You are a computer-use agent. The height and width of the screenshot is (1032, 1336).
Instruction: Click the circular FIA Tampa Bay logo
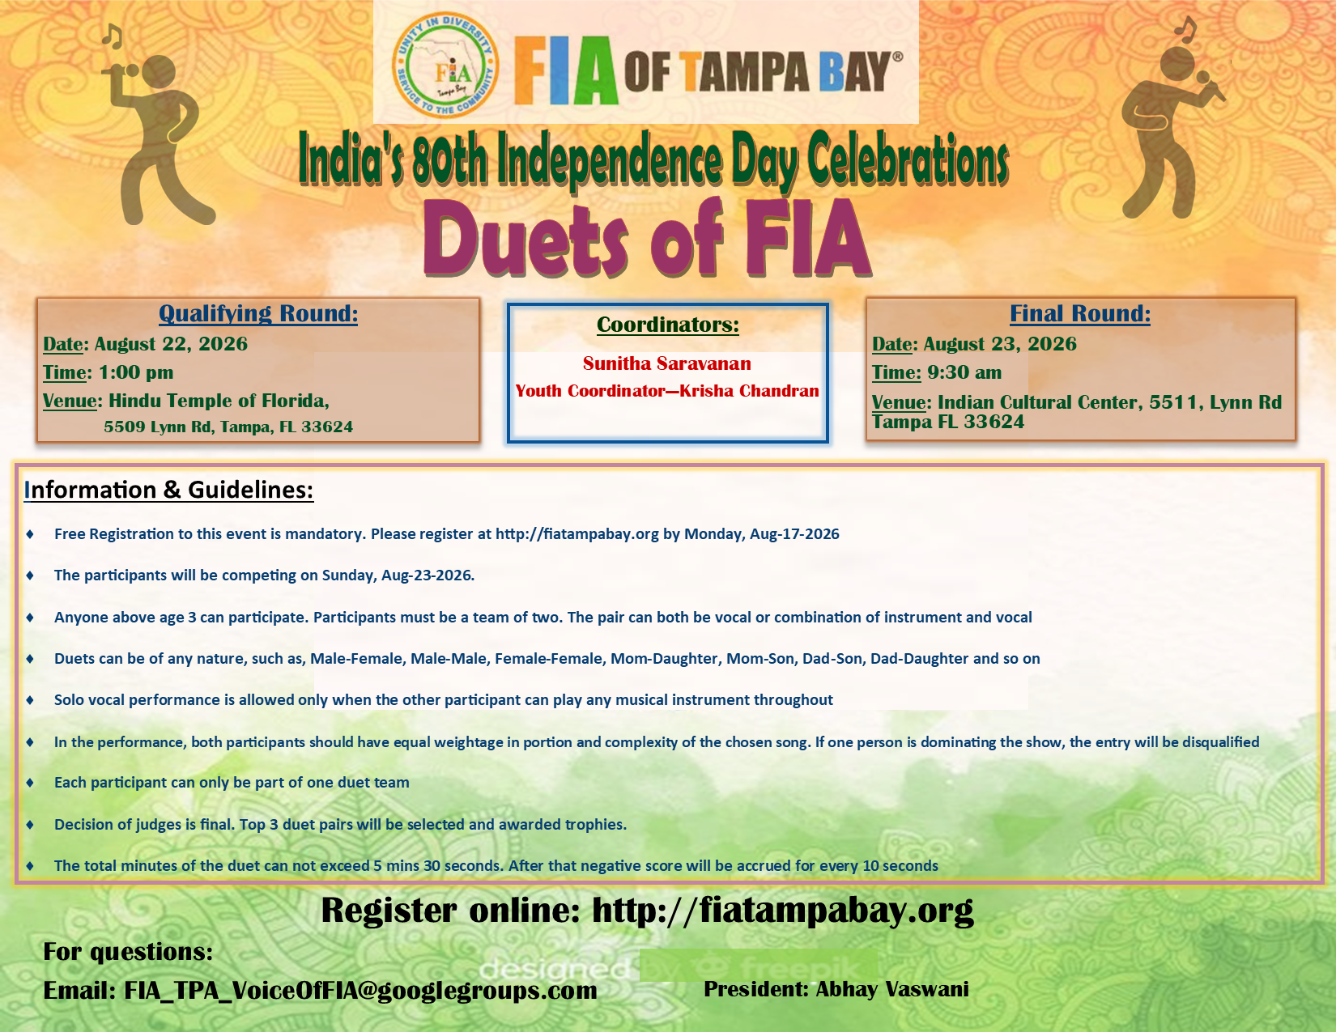click(x=445, y=65)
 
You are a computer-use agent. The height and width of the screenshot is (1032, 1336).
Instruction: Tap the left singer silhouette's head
click(x=158, y=73)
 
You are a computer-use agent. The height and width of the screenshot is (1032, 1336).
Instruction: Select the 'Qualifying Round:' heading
click(x=258, y=313)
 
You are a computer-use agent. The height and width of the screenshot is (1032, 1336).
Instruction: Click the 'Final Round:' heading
click(x=1079, y=313)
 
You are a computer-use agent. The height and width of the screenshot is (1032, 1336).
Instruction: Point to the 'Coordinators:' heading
click(x=668, y=325)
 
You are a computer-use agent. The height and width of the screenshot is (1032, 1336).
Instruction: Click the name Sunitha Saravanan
click(x=667, y=363)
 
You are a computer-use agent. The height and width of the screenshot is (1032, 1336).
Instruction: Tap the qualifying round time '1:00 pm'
click(x=136, y=372)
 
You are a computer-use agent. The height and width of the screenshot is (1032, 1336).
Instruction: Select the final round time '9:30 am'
click(x=964, y=372)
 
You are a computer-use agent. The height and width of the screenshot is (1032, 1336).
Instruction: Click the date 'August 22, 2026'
click(x=171, y=343)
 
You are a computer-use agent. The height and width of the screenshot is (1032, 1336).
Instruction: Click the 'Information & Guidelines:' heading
click(x=168, y=490)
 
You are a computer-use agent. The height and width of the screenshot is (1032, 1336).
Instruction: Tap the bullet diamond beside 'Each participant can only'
click(x=29, y=783)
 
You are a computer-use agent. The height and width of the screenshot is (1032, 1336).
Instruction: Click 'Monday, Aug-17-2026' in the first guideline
click(x=762, y=533)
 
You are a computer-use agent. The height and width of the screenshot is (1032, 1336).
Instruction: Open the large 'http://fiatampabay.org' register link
click(x=783, y=911)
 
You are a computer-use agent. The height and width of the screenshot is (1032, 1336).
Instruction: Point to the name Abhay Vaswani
click(x=892, y=989)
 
